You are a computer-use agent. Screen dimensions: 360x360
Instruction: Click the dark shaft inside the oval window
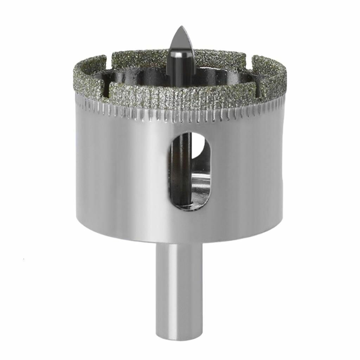coord(182,169)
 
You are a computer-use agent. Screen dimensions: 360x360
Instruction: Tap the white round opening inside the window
coord(199,146)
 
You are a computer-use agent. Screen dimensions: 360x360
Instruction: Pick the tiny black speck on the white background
coord(24,259)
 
